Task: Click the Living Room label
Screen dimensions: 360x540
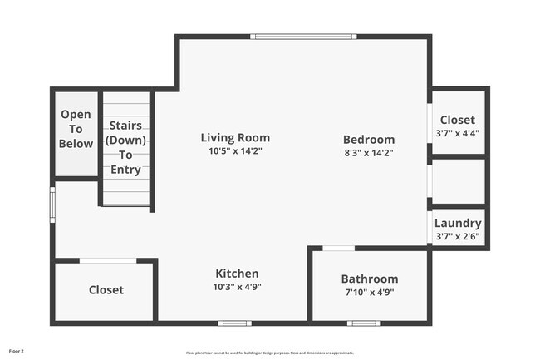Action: tap(235, 138)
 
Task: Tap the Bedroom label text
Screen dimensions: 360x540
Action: tap(369, 140)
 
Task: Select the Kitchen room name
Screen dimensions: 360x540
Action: tap(237, 274)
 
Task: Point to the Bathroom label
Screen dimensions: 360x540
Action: tap(370, 279)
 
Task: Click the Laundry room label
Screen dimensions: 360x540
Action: tap(458, 223)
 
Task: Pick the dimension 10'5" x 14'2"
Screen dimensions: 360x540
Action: tap(235, 151)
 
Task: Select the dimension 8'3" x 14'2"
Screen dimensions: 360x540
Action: tap(369, 152)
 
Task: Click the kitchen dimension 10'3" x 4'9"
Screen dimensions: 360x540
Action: tap(237, 287)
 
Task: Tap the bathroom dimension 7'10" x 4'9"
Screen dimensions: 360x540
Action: tap(370, 292)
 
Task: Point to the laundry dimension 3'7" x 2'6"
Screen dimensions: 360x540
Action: tap(458, 236)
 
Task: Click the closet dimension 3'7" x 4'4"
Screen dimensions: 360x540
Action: tap(458, 133)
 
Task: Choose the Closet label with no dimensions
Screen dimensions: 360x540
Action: tap(106, 290)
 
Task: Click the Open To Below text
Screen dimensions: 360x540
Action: tap(76, 130)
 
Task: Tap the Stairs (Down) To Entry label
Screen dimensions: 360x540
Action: tap(125, 148)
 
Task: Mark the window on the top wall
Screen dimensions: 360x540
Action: tap(303, 36)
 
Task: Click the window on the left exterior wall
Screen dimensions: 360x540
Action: tap(52, 203)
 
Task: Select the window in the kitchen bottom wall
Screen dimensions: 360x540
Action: tap(234, 323)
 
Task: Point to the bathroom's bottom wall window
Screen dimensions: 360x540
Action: tap(363, 323)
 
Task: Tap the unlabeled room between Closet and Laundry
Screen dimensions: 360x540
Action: tap(459, 180)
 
